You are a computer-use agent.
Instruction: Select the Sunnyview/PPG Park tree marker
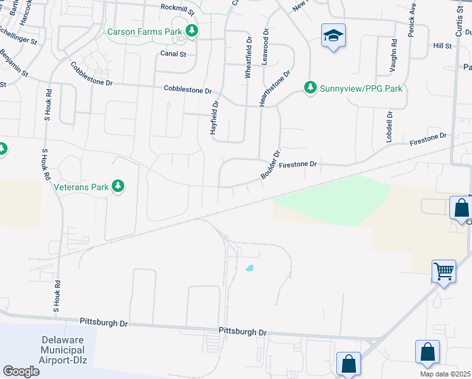pos(310,88)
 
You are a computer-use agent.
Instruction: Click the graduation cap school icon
pos(333,36)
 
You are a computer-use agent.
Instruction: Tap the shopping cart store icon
pos(444,272)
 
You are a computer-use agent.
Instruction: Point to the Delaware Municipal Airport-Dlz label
pos(62,350)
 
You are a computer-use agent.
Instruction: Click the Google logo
pos(21,371)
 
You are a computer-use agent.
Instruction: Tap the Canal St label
pos(173,54)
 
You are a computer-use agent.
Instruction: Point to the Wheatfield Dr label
pos(248,57)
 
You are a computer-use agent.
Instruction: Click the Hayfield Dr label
pos(213,118)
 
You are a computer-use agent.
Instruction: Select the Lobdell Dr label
pos(389,126)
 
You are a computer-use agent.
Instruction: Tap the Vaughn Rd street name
pos(394,55)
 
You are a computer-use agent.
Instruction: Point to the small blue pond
pos(249,268)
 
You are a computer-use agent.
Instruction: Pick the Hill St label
pos(442,46)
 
